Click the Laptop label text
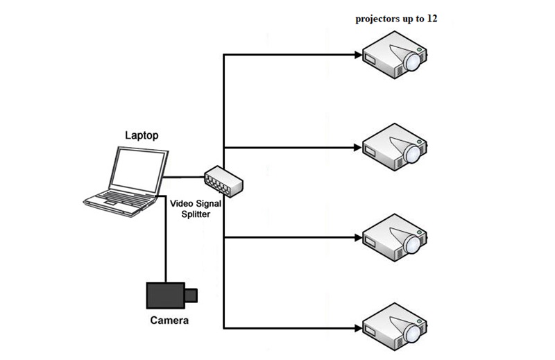(x=142, y=135)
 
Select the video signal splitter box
(x=223, y=181)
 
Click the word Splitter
(x=196, y=214)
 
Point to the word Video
(x=181, y=203)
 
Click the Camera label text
(x=169, y=320)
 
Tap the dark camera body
(x=165, y=295)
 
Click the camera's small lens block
(x=191, y=295)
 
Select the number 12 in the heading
(x=432, y=19)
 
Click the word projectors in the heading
(x=376, y=19)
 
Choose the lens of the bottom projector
(x=413, y=334)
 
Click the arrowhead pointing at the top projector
(x=358, y=55)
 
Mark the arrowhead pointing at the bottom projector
(x=358, y=329)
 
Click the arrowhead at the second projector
(x=358, y=148)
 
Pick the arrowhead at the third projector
(x=358, y=237)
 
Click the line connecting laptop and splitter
(x=183, y=177)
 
